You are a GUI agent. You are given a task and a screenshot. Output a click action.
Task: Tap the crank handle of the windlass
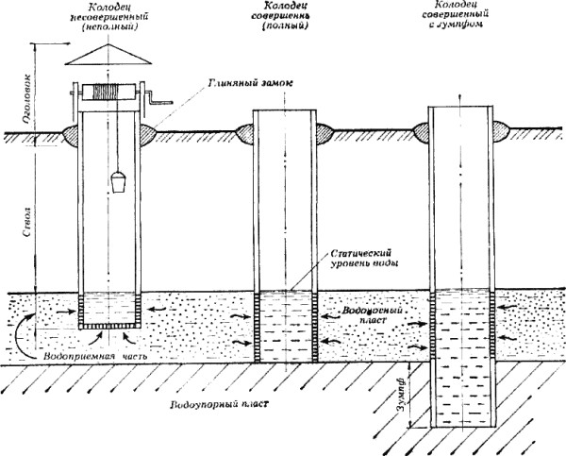(x=157, y=98)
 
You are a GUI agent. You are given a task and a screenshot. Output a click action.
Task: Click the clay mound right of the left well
(x=145, y=132)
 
